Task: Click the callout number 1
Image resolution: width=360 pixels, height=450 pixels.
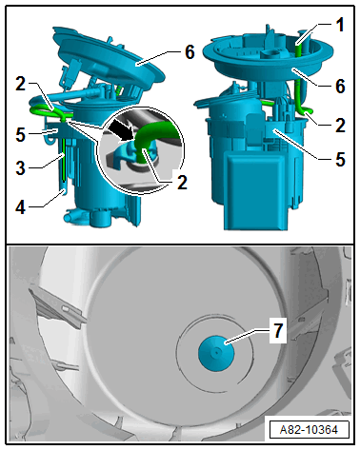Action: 340,25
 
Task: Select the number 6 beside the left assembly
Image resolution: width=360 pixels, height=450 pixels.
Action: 190,51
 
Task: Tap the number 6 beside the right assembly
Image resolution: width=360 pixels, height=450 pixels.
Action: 340,86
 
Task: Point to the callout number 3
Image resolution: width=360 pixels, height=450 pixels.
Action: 21,167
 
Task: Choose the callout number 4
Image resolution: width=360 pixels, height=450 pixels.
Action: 21,207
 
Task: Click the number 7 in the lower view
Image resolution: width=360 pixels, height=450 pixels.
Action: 278,331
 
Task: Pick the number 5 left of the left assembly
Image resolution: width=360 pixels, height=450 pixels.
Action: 21,134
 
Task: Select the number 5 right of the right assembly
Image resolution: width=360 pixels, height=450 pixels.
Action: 340,159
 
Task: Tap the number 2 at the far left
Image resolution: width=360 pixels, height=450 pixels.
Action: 21,84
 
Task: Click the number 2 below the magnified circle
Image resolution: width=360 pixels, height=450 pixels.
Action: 182,182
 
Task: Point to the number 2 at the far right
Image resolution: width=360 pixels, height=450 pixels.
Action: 340,126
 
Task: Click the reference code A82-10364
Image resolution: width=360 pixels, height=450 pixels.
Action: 309,430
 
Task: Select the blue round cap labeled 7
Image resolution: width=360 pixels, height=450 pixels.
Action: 216,352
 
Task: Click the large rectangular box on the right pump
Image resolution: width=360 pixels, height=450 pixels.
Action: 256,189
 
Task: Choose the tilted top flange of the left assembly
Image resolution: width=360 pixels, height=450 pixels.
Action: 111,59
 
